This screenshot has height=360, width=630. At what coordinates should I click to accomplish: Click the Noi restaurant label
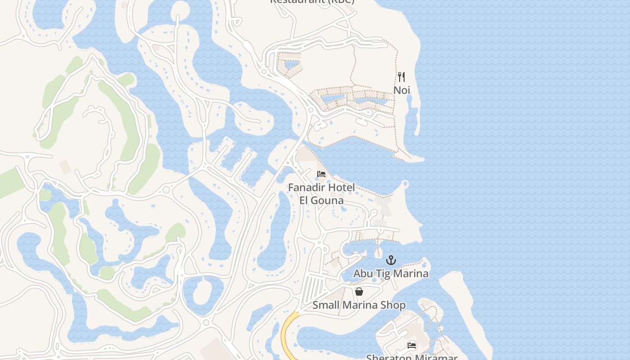[402, 90]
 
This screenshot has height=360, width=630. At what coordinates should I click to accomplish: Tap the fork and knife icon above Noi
[401, 77]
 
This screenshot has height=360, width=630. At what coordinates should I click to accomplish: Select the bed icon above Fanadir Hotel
[321, 174]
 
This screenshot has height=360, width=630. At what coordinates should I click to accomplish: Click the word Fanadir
[307, 187]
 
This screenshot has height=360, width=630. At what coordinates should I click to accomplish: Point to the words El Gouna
[321, 200]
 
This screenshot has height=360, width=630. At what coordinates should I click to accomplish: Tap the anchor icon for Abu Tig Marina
[391, 260]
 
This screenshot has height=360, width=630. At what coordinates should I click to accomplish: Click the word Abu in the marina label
[362, 274]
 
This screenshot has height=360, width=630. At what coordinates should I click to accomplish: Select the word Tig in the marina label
[381, 274]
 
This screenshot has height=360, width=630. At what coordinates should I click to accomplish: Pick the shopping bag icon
[359, 292]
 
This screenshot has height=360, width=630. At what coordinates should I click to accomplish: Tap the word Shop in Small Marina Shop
[395, 305]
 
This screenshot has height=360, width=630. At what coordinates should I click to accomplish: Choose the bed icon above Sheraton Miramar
[412, 346]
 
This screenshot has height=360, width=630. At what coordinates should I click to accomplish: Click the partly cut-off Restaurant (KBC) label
[312, 1]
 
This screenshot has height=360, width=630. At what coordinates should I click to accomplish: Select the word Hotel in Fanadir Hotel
[341, 187]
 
